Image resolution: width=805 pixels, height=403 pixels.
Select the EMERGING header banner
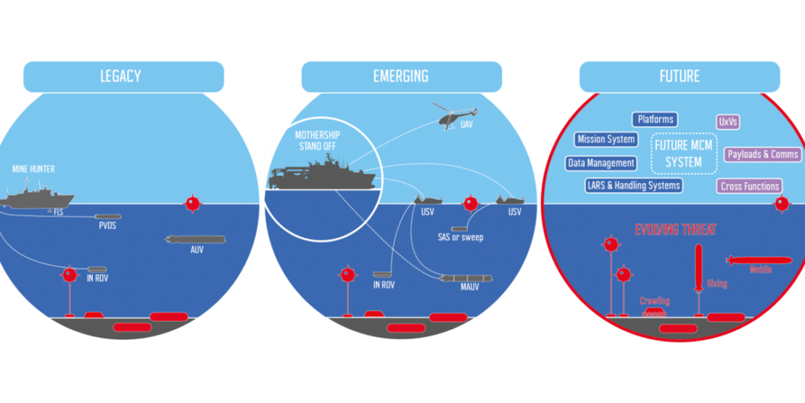[401, 76]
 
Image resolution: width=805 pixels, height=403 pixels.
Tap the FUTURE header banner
[680, 76]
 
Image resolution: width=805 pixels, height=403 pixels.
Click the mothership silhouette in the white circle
[319, 175]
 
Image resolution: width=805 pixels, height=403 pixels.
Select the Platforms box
[655, 120]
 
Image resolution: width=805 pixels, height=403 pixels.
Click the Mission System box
[606, 139]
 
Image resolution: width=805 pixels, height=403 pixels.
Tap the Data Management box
[601, 163]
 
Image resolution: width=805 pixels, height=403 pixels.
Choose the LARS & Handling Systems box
[634, 186]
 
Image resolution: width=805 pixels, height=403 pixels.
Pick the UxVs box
[728, 122]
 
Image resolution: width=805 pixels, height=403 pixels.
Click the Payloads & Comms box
[762, 154]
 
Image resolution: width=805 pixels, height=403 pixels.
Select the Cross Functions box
[750, 186]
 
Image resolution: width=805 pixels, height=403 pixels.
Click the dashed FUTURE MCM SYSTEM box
[683, 154]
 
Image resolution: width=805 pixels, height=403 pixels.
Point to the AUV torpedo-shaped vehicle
[195, 239]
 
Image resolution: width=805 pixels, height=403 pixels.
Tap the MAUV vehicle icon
[466, 278]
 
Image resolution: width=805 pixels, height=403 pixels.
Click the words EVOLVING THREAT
[675, 230]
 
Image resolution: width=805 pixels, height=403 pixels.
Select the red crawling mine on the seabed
[654, 313]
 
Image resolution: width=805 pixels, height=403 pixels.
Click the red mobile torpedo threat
[756, 259]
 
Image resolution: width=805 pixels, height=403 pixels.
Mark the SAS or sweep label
[460, 237]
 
